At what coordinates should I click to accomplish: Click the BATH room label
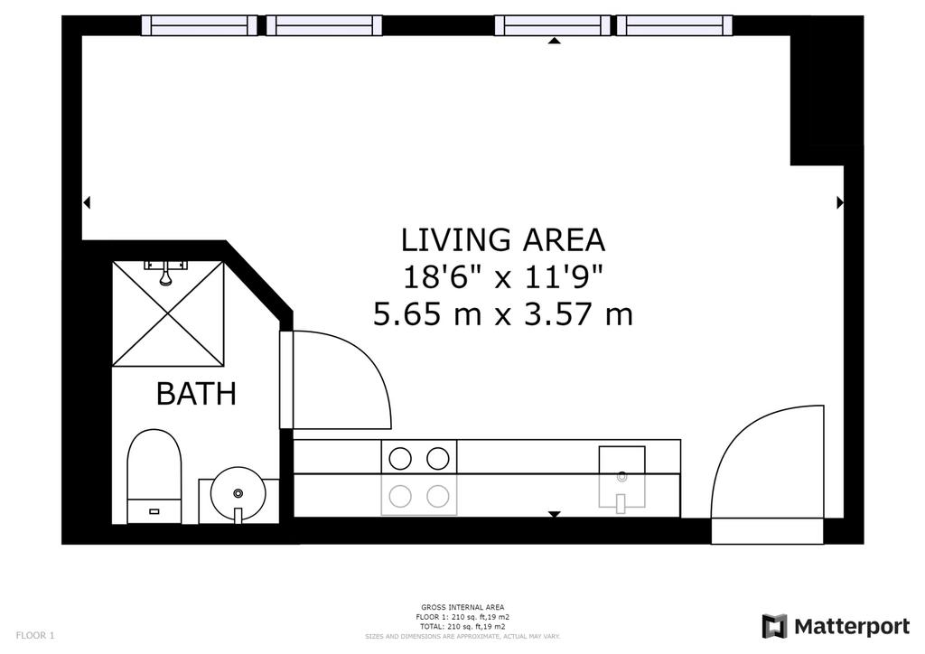pyautogui.click(x=196, y=393)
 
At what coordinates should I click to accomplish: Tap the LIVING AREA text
pyautogui.click(x=503, y=240)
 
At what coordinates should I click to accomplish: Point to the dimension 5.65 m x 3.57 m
pyautogui.click(x=503, y=313)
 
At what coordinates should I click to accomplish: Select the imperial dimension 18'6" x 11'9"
pyautogui.click(x=503, y=277)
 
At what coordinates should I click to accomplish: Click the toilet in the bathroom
pyautogui.click(x=154, y=476)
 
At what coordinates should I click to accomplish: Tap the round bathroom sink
pyautogui.click(x=238, y=494)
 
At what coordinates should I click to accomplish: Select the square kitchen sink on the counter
pyautogui.click(x=621, y=476)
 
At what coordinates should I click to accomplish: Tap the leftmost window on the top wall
pyautogui.click(x=200, y=25)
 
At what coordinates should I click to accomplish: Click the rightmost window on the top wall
pyautogui.click(x=674, y=25)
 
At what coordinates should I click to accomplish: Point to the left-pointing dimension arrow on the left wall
pyautogui.click(x=87, y=203)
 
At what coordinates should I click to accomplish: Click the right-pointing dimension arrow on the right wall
pyautogui.click(x=840, y=203)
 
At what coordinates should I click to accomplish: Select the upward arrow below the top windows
pyautogui.click(x=554, y=40)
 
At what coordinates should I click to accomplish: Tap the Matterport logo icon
pyautogui.click(x=774, y=626)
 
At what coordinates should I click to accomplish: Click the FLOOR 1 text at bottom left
pyautogui.click(x=35, y=635)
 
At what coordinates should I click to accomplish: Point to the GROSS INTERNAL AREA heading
pyautogui.click(x=462, y=607)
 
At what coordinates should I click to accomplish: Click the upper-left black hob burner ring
pyautogui.click(x=400, y=458)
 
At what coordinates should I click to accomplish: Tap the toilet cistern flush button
pyautogui.click(x=154, y=511)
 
